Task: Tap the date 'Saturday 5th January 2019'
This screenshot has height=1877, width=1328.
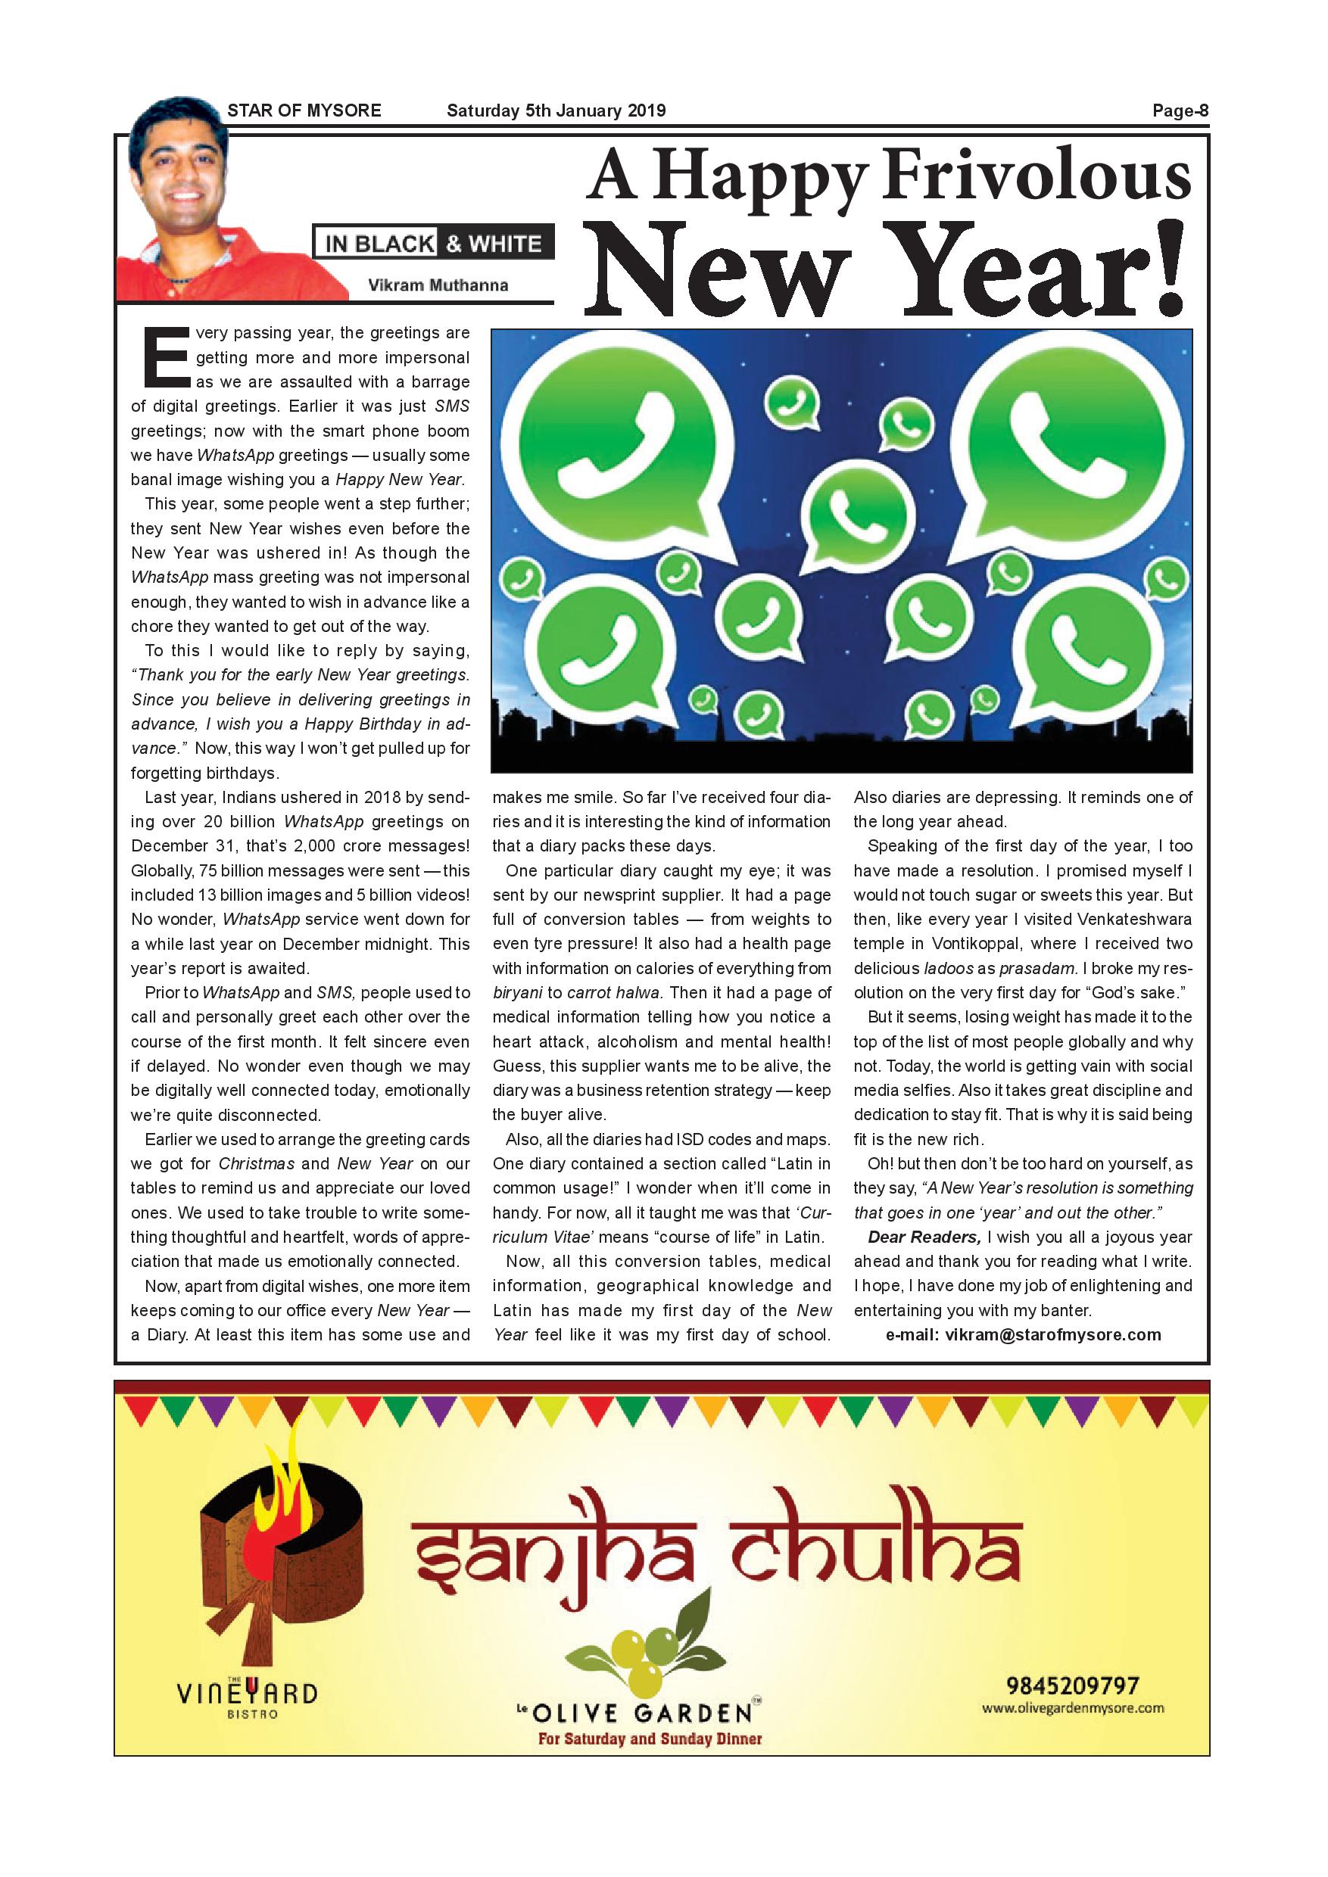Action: click(556, 111)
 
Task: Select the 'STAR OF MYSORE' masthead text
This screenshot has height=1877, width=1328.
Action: click(304, 111)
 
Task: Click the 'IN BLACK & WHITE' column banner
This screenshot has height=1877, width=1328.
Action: click(433, 244)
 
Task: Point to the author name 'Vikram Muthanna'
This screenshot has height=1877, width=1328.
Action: click(438, 285)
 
